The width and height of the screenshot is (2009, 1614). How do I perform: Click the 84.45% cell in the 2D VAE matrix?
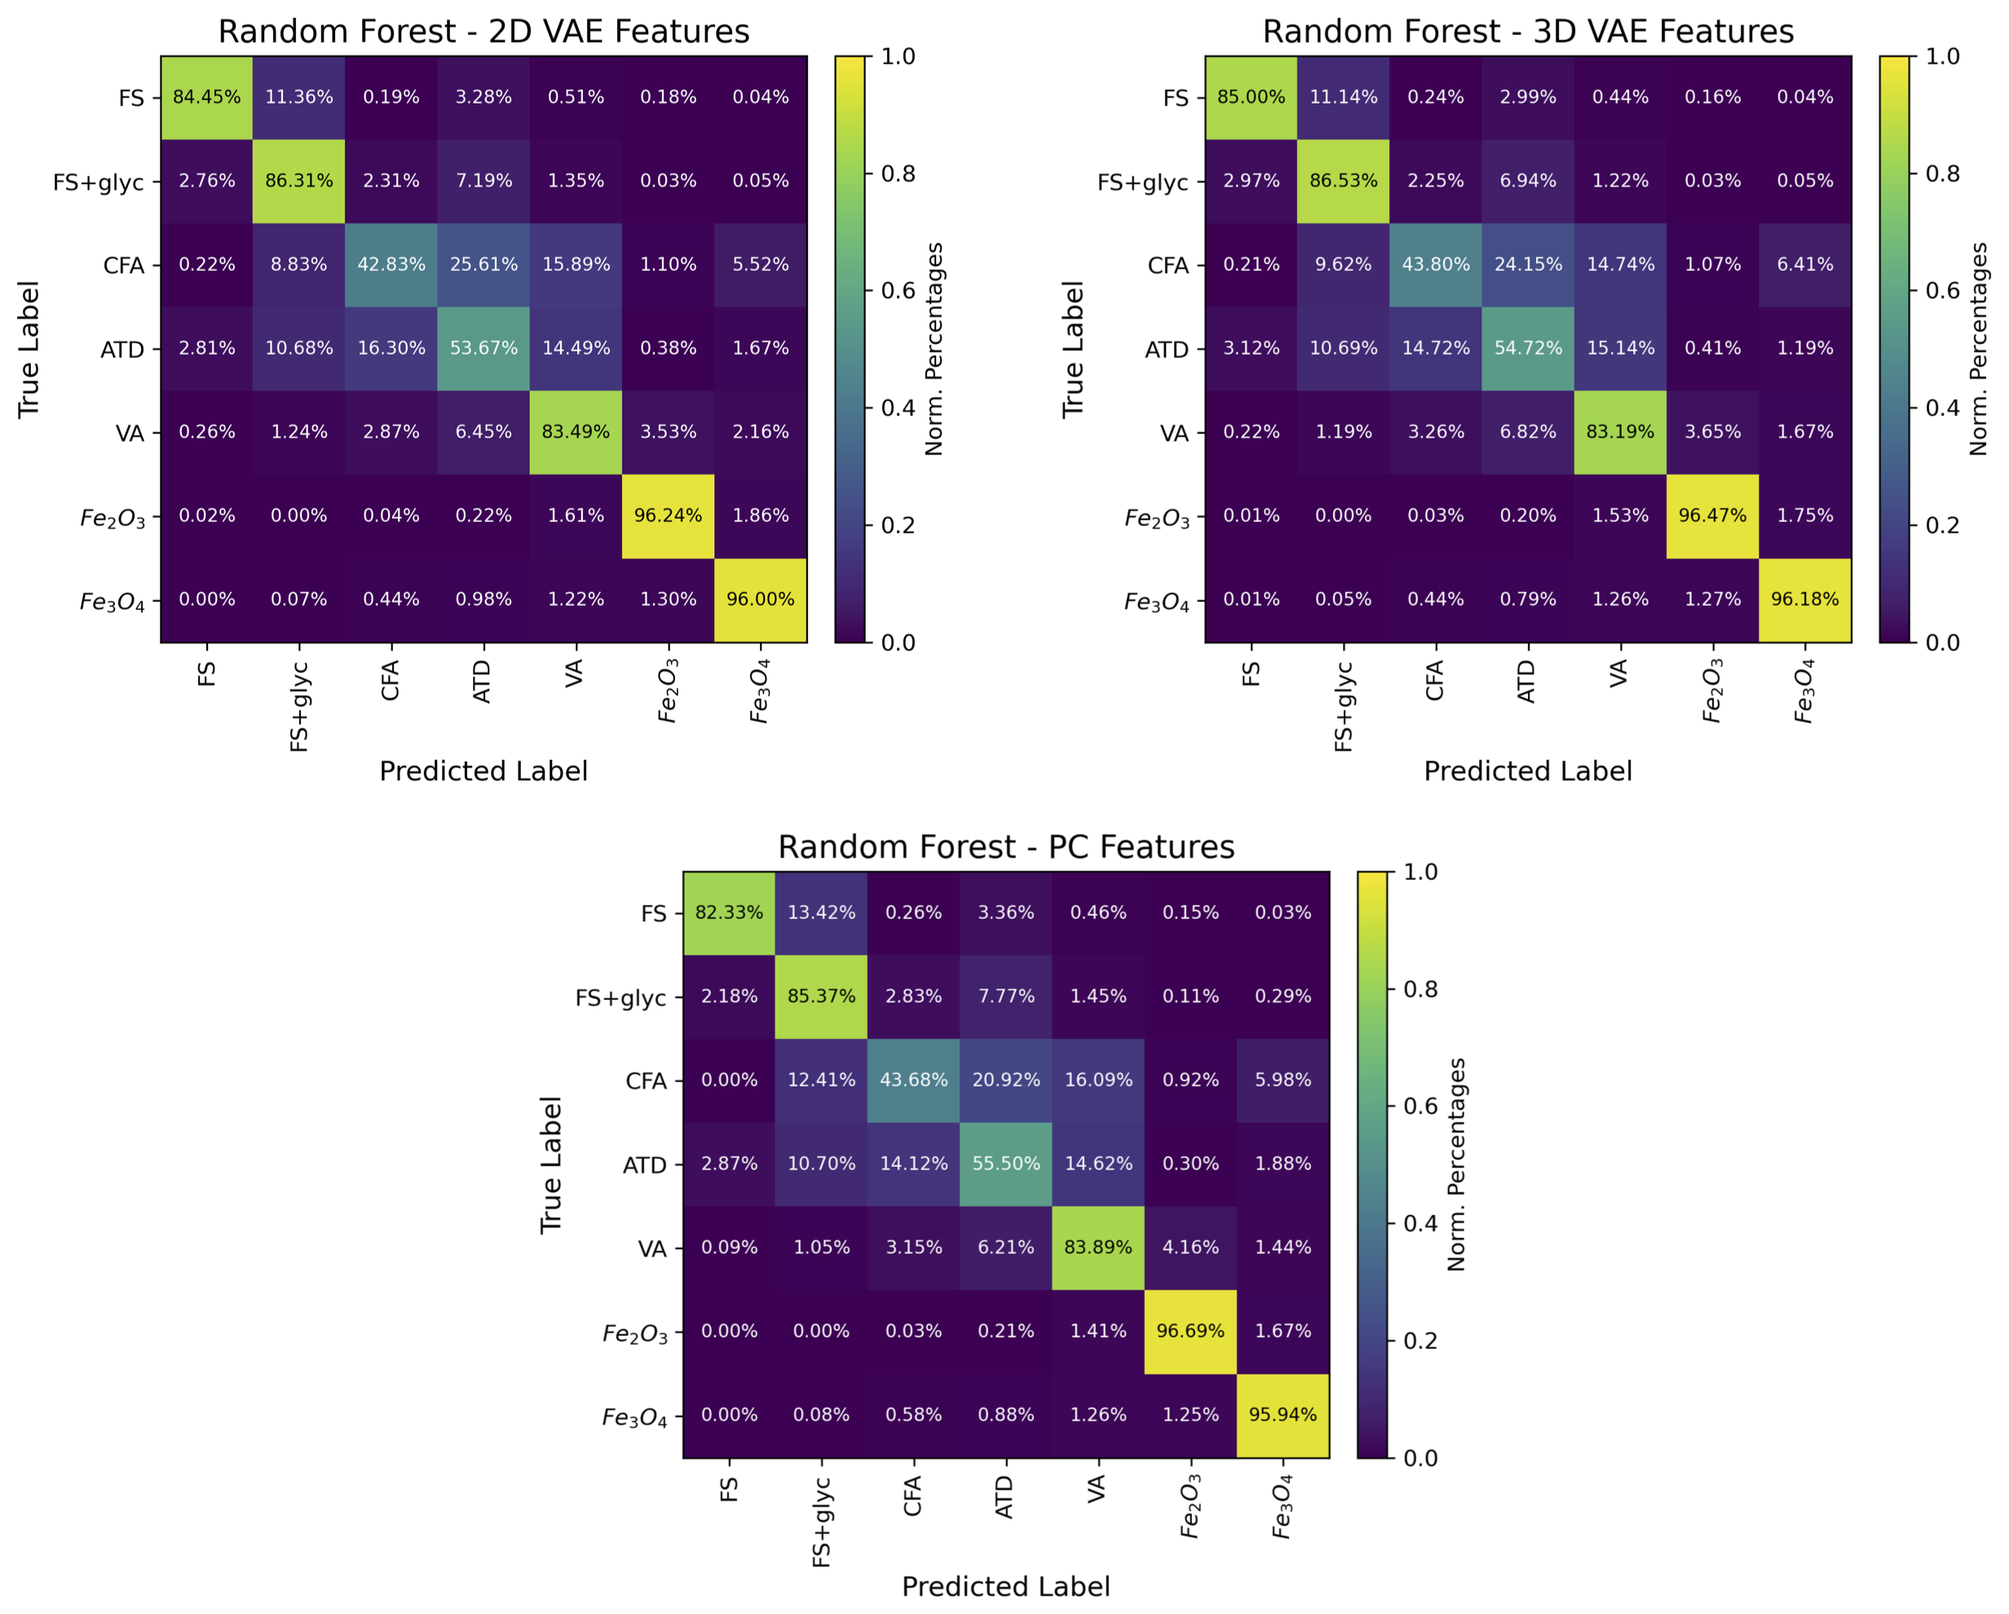(207, 97)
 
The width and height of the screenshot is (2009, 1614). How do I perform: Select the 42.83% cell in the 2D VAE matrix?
(391, 265)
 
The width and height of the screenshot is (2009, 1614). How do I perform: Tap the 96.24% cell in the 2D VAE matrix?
(668, 516)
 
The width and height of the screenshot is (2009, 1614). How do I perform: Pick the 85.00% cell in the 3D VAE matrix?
(1251, 97)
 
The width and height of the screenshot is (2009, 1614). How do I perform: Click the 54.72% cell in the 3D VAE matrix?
(1527, 348)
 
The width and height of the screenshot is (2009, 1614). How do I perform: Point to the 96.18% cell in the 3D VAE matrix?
(1805, 599)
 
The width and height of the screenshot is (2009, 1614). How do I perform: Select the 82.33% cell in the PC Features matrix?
(729, 913)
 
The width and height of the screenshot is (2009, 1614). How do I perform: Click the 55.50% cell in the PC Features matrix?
(1005, 1164)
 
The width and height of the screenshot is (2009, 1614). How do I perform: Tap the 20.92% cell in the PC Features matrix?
(1005, 1080)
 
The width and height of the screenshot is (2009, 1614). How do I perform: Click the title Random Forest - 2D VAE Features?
(483, 32)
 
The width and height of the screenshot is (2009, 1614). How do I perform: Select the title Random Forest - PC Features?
(1005, 847)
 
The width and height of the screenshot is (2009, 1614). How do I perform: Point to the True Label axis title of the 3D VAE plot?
(1074, 348)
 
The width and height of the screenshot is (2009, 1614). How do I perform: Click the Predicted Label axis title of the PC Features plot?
(1005, 1586)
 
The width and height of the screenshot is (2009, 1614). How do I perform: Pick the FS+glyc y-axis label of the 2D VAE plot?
(99, 182)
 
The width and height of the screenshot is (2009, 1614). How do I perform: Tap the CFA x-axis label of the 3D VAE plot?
(1435, 679)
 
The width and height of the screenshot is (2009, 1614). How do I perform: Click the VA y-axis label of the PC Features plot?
(652, 1249)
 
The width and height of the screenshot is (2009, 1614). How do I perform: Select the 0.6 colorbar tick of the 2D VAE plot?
(899, 290)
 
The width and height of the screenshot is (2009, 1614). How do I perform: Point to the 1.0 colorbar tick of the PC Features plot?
(1420, 872)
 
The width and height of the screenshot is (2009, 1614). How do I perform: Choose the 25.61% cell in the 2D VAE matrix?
(483, 265)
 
